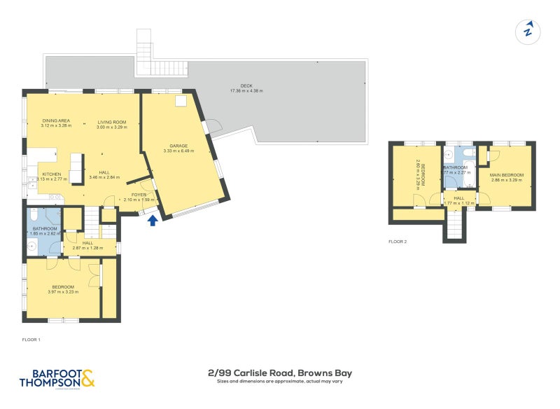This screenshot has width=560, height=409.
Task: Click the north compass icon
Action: click(x=528, y=30)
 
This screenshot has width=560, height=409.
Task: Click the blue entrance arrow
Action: click(x=153, y=221)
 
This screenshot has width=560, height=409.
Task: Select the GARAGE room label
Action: click(x=178, y=146)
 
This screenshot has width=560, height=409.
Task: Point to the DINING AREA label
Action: click(x=57, y=121)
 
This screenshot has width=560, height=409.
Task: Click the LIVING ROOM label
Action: click(x=111, y=121)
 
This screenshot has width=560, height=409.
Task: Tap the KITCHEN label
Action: click(x=52, y=174)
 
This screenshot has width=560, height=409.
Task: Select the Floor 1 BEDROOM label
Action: click(x=63, y=286)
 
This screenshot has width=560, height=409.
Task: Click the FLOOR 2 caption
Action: click(x=398, y=242)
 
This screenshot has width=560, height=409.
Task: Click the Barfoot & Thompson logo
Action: click(x=56, y=377)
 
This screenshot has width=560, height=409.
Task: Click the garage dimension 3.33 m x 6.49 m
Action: click(x=178, y=151)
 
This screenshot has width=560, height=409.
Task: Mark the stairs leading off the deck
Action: click(x=144, y=53)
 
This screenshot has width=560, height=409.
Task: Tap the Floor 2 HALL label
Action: click(x=458, y=198)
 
